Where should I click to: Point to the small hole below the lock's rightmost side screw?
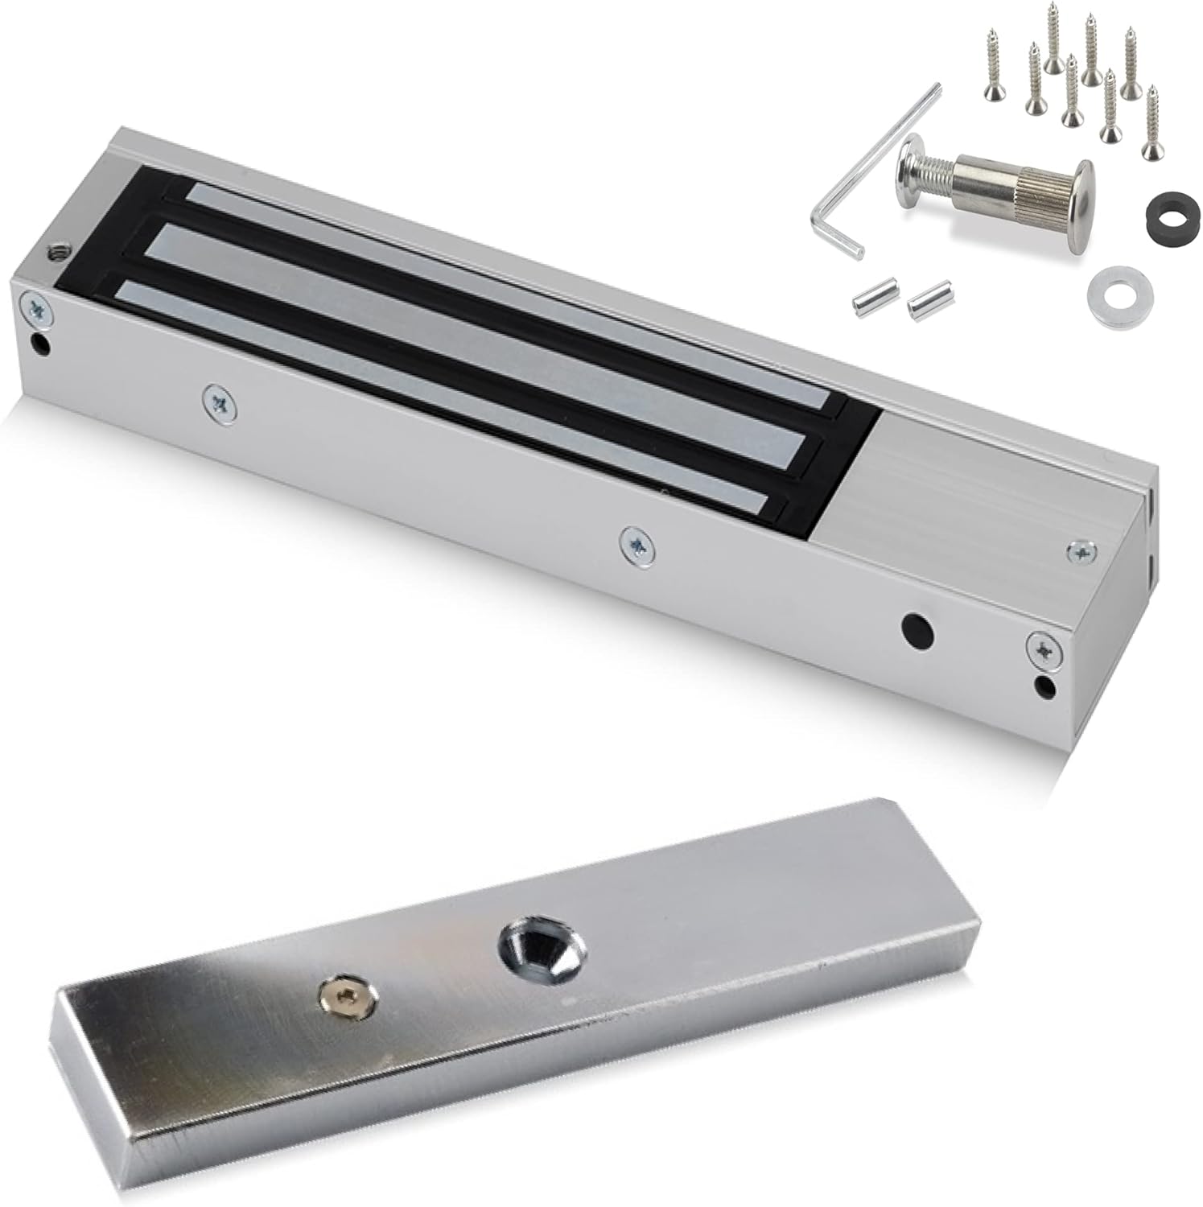click(1044, 686)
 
